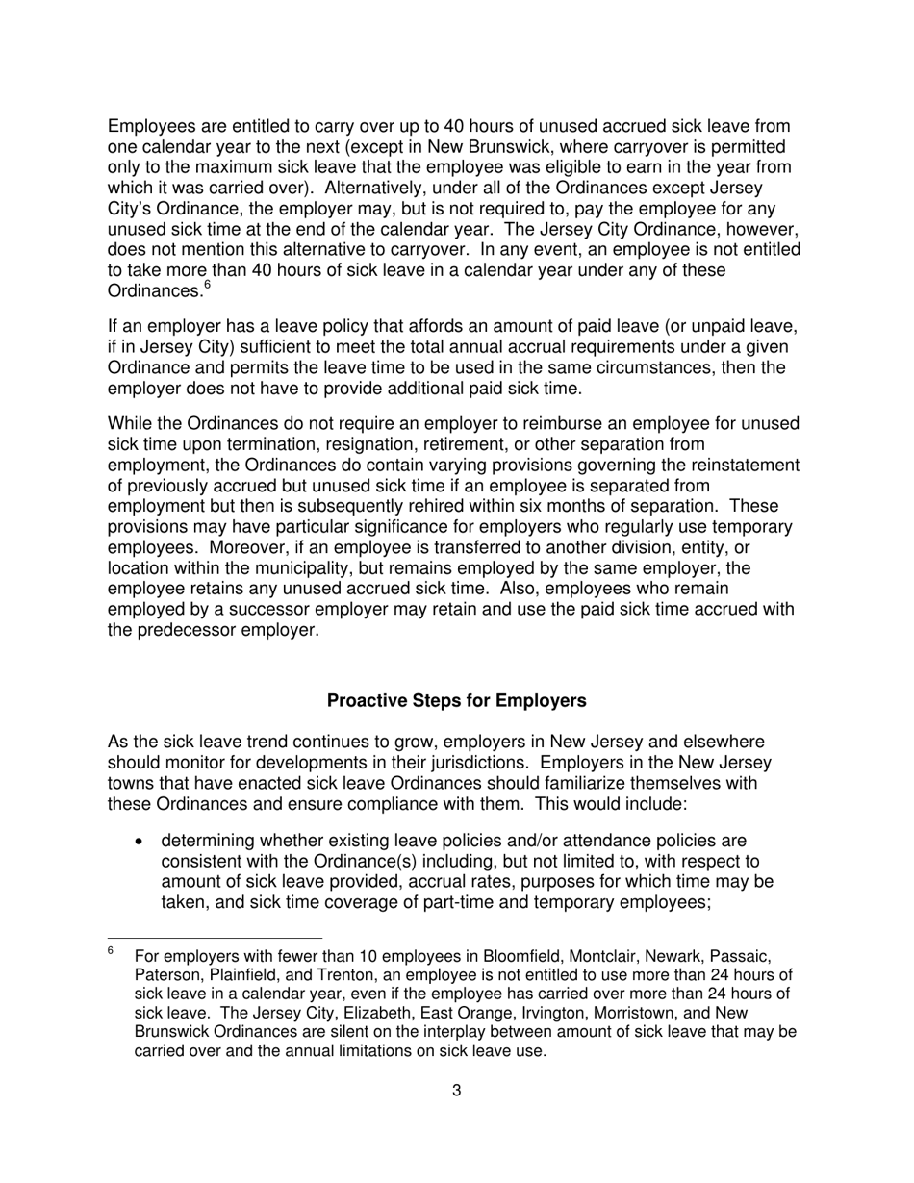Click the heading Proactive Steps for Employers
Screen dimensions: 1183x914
click(x=456, y=701)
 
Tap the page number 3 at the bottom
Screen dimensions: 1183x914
click(x=456, y=1090)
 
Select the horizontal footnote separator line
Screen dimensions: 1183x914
click(x=215, y=937)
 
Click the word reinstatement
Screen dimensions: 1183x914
click(x=742, y=465)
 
